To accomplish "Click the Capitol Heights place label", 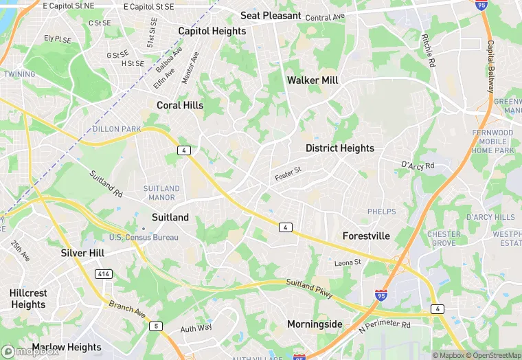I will tap(212, 31).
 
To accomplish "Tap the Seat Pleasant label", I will tap(271, 15).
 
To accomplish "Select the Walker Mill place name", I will tap(313, 80).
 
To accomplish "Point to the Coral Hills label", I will tap(180, 105).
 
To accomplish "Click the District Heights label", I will tap(340, 148).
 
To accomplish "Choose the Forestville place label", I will tap(366, 236).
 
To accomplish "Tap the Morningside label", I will tap(315, 324).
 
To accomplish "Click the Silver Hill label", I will tap(82, 253).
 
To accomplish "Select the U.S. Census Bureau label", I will tap(144, 238).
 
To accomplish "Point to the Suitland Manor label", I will tap(161, 193).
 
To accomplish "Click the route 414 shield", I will tap(103, 274).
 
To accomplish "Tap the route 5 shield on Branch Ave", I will tap(157, 326).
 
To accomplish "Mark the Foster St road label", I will tap(288, 175).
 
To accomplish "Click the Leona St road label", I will tap(348, 262).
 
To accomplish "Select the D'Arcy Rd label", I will tap(418, 166).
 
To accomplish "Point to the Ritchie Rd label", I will tap(429, 52).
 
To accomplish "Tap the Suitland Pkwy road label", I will tap(309, 289).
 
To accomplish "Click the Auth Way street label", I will tap(196, 328).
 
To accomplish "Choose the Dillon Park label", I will tap(116, 129).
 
